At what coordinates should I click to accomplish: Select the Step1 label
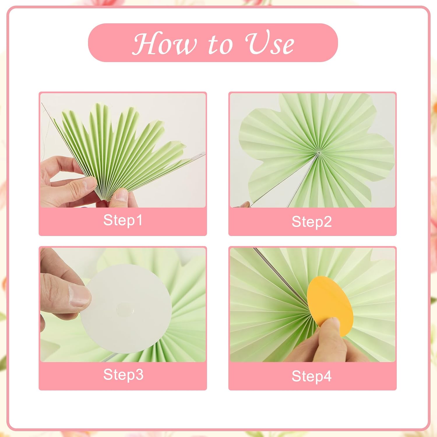point(123,220)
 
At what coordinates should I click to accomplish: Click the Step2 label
point(312,222)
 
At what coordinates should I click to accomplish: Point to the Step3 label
point(123,374)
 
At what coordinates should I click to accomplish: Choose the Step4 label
point(312,376)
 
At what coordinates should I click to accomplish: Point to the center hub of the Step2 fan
point(318,152)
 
